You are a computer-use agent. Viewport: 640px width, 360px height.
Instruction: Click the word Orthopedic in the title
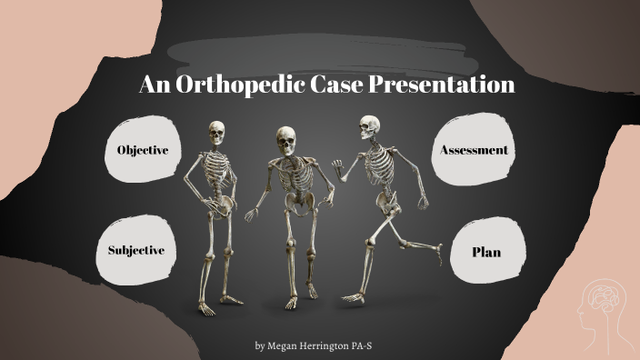pyautogui.click(x=231, y=85)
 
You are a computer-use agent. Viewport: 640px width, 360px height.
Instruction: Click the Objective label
pyautogui.click(x=143, y=150)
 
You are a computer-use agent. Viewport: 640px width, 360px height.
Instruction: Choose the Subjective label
pyautogui.click(x=136, y=250)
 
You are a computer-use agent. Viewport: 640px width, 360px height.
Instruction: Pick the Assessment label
pyautogui.click(x=474, y=149)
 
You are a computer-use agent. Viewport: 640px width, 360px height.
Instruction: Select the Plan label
pyautogui.click(x=485, y=252)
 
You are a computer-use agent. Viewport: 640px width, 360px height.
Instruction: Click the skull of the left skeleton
pyautogui.click(x=216, y=133)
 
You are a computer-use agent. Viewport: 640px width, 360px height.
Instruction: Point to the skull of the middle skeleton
pyautogui.click(x=286, y=141)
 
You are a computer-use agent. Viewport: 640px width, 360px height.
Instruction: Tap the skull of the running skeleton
pyautogui.click(x=368, y=126)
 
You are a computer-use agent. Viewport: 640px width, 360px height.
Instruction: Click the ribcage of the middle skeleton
pyautogui.click(x=294, y=176)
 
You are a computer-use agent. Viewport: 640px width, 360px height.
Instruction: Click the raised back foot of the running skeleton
pyautogui.click(x=437, y=247)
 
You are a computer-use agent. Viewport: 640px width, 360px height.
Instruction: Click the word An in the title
pyautogui.click(x=153, y=85)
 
